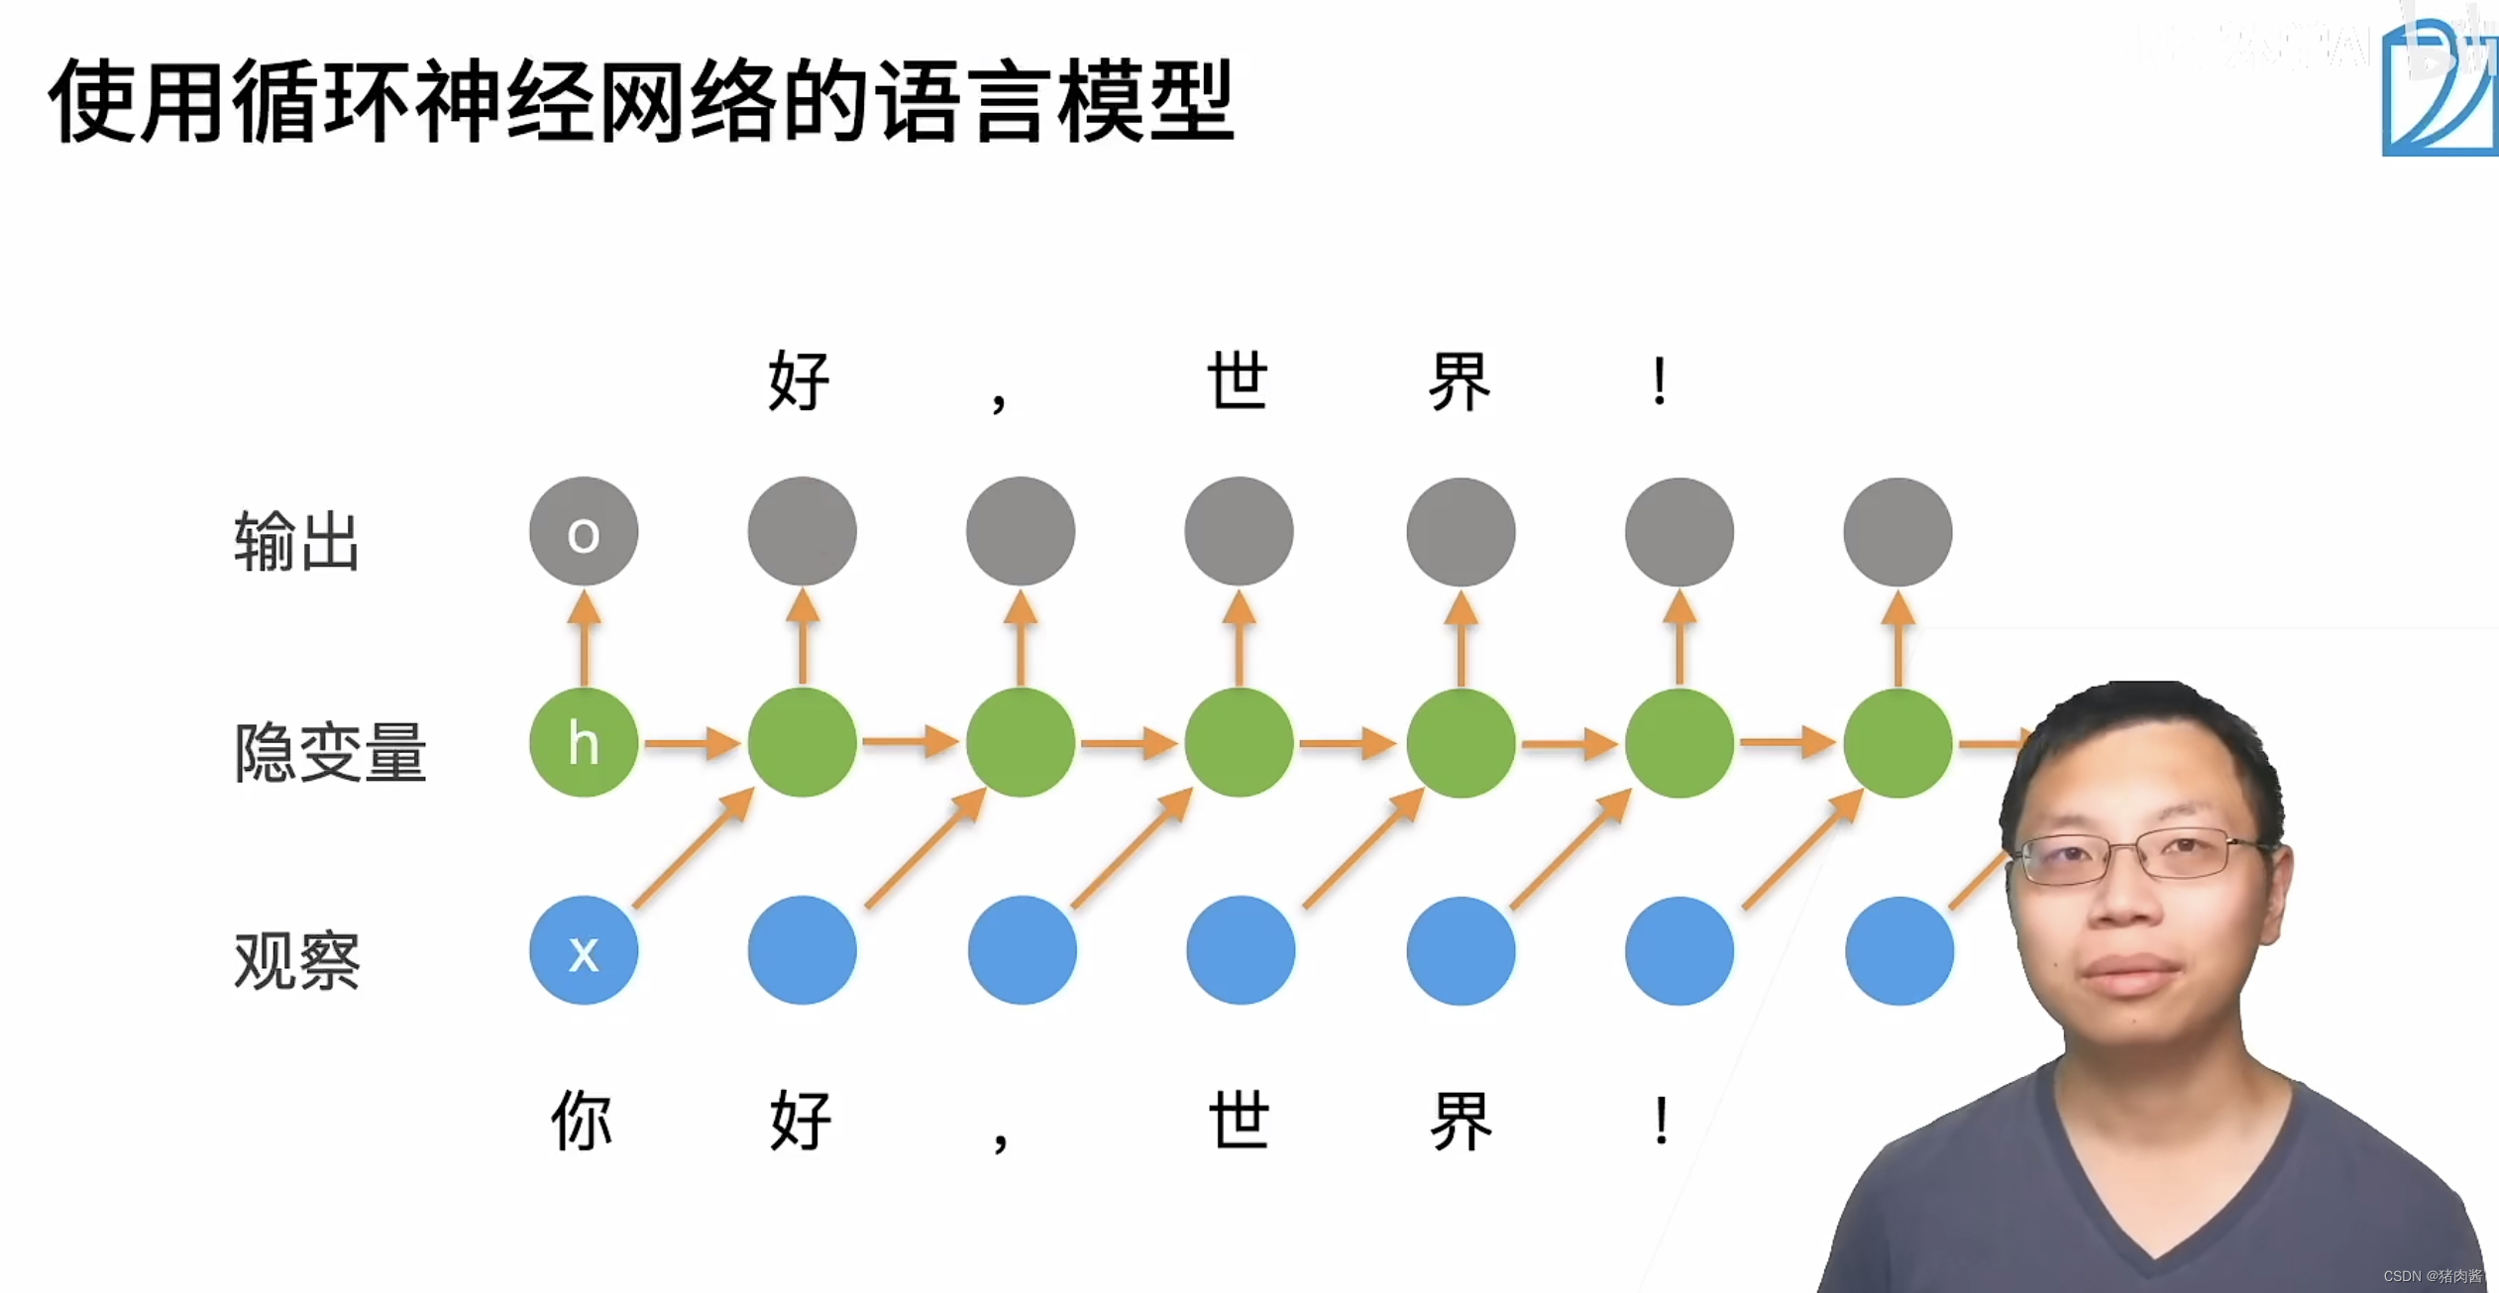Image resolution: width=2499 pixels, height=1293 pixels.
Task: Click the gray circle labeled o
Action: coord(584,532)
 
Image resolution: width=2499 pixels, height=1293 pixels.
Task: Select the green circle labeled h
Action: coord(584,742)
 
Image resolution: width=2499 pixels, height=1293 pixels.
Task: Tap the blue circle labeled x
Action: coord(584,951)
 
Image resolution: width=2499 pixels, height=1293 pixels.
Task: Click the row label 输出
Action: coord(296,541)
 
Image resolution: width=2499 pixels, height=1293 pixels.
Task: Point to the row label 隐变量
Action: coord(330,752)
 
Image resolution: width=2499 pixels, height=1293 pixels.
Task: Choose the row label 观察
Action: coord(296,960)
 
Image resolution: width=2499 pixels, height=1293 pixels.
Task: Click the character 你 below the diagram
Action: coord(582,1121)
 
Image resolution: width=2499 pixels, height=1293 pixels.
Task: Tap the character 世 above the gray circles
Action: coord(1238,381)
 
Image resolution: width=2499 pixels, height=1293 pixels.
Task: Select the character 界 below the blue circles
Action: coord(1461,1121)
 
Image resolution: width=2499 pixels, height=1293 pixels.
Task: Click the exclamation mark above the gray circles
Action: coord(1660,381)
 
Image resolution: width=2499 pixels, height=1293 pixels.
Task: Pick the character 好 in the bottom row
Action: coord(801,1121)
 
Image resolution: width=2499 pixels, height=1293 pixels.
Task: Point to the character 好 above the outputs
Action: coord(799,381)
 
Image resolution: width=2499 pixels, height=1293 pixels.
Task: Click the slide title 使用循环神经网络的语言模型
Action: coord(641,100)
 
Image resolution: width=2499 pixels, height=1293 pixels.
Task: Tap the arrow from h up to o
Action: coord(585,636)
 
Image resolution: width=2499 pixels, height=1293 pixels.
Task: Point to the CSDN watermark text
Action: coord(2433,1276)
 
